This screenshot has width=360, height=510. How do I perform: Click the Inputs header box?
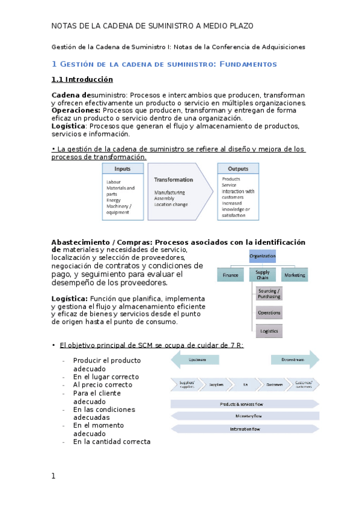click(123, 169)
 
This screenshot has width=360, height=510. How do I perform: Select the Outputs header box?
click(239, 169)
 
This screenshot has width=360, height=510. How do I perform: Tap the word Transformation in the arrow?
click(174, 179)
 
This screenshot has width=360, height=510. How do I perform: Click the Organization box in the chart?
click(263, 256)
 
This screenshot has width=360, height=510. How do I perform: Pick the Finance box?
click(230, 274)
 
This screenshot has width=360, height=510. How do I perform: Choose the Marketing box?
click(294, 274)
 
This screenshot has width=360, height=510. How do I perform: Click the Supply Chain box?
click(263, 274)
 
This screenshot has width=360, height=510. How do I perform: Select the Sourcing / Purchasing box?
click(269, 293)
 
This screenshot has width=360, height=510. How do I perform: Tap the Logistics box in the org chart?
click(269, 331)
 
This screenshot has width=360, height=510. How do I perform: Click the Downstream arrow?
click(295, 360)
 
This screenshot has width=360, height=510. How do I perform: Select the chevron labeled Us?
click(245, 384)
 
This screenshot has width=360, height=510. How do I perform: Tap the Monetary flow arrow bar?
click(245, 416)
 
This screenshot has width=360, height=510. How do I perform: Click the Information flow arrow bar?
click(245, 429)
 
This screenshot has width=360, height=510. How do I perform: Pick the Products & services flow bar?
click(245, 404)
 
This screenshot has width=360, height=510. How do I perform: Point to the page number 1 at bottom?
click(53, 476)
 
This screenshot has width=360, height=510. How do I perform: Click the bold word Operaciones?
click(76, 111)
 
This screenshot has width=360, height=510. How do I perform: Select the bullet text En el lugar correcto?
click(106, 377)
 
